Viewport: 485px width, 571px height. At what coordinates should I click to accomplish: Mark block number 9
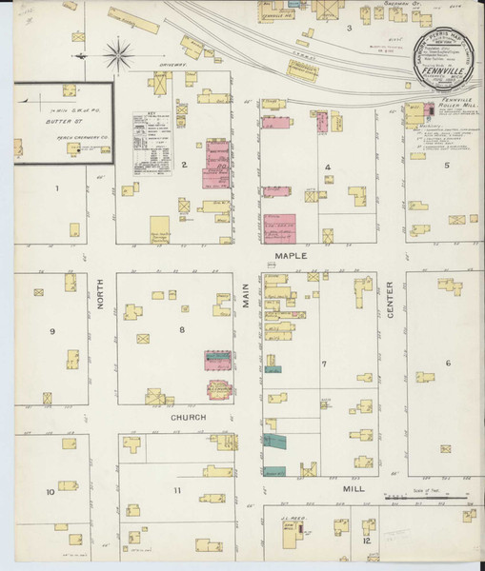pos(53,330)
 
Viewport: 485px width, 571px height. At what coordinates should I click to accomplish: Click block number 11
pos(177,490)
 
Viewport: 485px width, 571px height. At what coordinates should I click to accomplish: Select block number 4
pos(327,167)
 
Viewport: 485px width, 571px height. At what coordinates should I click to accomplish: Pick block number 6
pos(446,363)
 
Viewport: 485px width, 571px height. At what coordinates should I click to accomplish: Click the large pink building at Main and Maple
pos(278,229)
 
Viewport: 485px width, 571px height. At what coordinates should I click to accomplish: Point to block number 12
pos(366,540)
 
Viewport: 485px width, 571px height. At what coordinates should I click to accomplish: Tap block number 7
pos(324,364)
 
